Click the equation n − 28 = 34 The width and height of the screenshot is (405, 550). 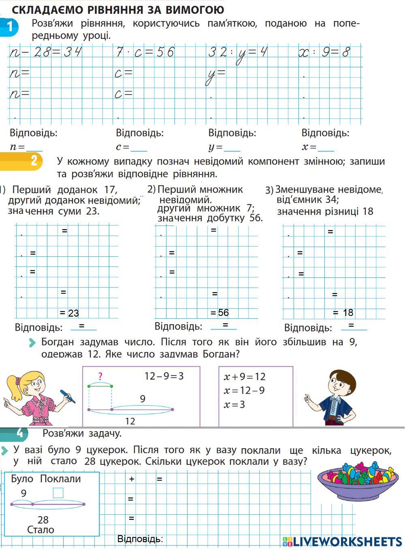(45, 52)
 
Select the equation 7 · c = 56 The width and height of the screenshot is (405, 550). (145, 52)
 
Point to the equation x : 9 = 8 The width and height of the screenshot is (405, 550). (324, 52)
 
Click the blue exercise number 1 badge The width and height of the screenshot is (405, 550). (9, 27)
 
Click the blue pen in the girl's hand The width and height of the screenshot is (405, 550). (68, 396)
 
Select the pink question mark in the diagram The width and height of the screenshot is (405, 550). (100, 376)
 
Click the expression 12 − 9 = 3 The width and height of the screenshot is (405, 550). (164, 376)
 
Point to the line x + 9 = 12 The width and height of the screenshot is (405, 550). (245, 377)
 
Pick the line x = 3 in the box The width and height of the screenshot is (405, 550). (234, 404)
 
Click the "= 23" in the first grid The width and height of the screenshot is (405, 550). (69, 313)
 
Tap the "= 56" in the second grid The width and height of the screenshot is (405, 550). (220, 313)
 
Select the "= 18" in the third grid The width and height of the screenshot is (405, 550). (343, 313)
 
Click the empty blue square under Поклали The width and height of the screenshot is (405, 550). (58, 493)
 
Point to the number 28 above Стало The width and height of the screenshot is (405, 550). (43, 520)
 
